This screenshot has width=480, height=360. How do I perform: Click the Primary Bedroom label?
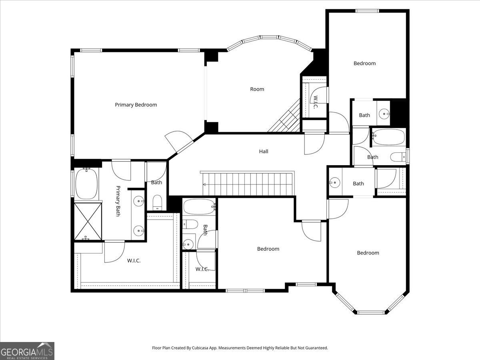[x=136, y=105]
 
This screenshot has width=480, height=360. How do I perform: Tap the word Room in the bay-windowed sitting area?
[x=257, y=89]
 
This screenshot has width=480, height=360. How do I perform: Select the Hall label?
[x=264, y=151]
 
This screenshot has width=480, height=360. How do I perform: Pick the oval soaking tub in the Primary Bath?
[x=86, y=184]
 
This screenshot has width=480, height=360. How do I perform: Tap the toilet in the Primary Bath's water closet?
[x=158, y=202]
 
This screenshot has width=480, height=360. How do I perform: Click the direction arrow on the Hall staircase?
[x=205, y=184]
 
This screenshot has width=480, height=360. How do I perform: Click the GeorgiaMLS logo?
[x=27, y=351]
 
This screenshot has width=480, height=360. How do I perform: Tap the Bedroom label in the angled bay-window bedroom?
[x=368, y=253]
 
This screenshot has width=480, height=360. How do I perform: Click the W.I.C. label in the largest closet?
[x=134, y=260]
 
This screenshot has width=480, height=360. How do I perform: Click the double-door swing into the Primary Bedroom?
[x=179, y=142]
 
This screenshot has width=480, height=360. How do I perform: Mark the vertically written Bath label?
[x=205, y=230]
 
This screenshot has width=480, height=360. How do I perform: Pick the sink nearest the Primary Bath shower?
[x=138, y=230]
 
